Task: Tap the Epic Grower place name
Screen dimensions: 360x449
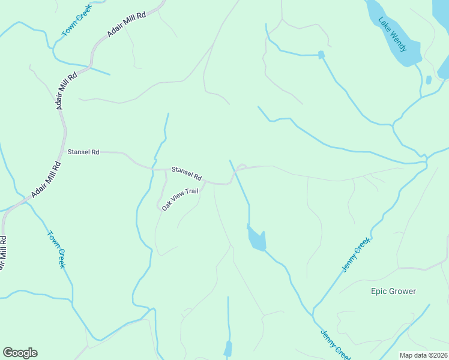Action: [x=393, y=292]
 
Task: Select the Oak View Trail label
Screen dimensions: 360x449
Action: [x=179, y=199]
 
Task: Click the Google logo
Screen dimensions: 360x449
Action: [x=20, y=353]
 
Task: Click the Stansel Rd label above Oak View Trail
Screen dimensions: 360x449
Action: [x=186, y=173]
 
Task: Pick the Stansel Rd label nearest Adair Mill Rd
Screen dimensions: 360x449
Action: [x=83, y=152]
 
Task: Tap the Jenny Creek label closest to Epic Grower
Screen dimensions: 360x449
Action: [x=356, y=254]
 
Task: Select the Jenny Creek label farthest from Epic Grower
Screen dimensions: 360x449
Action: [x=334, y=345]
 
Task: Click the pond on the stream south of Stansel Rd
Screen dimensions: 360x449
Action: [x=257, y=239]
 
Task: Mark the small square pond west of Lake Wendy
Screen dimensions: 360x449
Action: [x=321, y=55]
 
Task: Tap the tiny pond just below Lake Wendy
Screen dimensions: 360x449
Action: [x=428, y=80]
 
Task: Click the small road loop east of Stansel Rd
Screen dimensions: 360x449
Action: [x=241, y=167]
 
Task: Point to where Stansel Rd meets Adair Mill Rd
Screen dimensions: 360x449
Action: [x=64, y=152]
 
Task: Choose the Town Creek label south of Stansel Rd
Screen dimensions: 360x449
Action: [x=56, y=249]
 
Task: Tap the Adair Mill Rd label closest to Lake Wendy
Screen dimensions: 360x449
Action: [x=127, y=25]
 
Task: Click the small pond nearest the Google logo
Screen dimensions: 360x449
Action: [x=228, y=349]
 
